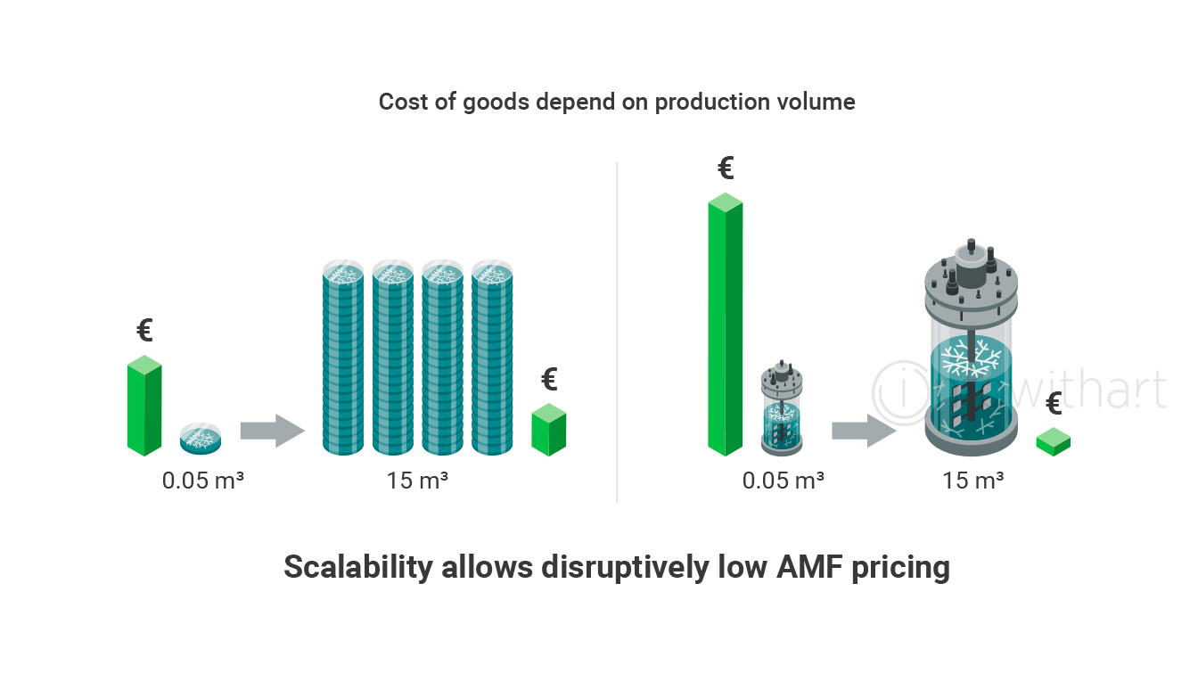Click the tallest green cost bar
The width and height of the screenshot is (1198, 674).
[x=726, y=325]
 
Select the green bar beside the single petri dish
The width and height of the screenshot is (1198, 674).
[x=144, y=406]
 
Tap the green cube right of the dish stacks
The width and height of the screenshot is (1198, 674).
[x=549, y=430]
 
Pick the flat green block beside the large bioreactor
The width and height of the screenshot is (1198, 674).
[x=1053, y=442]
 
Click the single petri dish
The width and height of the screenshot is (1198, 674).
[x=201, y=439]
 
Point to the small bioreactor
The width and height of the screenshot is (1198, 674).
[x=782, y=407]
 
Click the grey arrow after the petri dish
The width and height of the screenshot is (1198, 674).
[x=272, y=431]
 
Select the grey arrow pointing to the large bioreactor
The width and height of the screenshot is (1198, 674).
[x=864, y=431]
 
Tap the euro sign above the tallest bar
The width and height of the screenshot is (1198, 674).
[x=726, y=168]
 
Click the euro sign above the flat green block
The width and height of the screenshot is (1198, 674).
[x=1054, y=403]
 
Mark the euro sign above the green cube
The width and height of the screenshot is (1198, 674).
[x=549, y=379]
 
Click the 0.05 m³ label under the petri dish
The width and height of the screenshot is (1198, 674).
[x=202, y=481]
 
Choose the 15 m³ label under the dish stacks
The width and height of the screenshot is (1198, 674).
[x=417, y=481]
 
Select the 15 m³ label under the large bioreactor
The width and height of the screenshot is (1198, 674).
[x=972, y=481]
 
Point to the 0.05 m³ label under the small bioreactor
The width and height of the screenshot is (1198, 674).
[x=783, y=481]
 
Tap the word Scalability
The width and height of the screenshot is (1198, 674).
[x=358, y=568]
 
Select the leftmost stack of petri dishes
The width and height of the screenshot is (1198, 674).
[x=343, y=358]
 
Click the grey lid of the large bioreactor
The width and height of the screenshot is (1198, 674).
[x=972, y=289]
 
